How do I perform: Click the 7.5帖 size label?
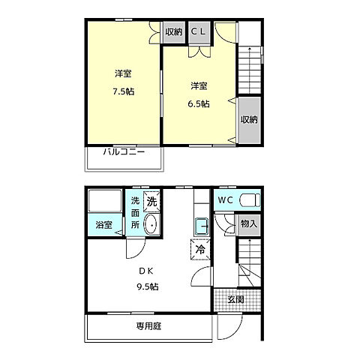click(x=124, y=91)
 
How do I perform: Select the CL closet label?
click(x=198, y=31)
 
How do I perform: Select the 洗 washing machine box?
click(x=151, y=200)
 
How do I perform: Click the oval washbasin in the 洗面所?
click(x=151, y=225)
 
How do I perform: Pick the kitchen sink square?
click(x=200, y=225)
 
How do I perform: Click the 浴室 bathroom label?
click(x=104, y=225)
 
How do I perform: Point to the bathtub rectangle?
click(x=104, y=202)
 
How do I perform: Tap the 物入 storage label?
click(x=248, y=223)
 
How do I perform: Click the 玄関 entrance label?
click(x=235, y=299)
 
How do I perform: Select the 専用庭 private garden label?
click(x=149, y=325)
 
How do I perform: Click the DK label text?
click(x=145, y=271)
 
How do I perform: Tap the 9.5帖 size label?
click(x=147, y=286)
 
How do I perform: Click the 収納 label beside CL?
click(x=174, y=31)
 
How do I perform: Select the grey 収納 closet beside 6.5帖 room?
click(x=249, y=120)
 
